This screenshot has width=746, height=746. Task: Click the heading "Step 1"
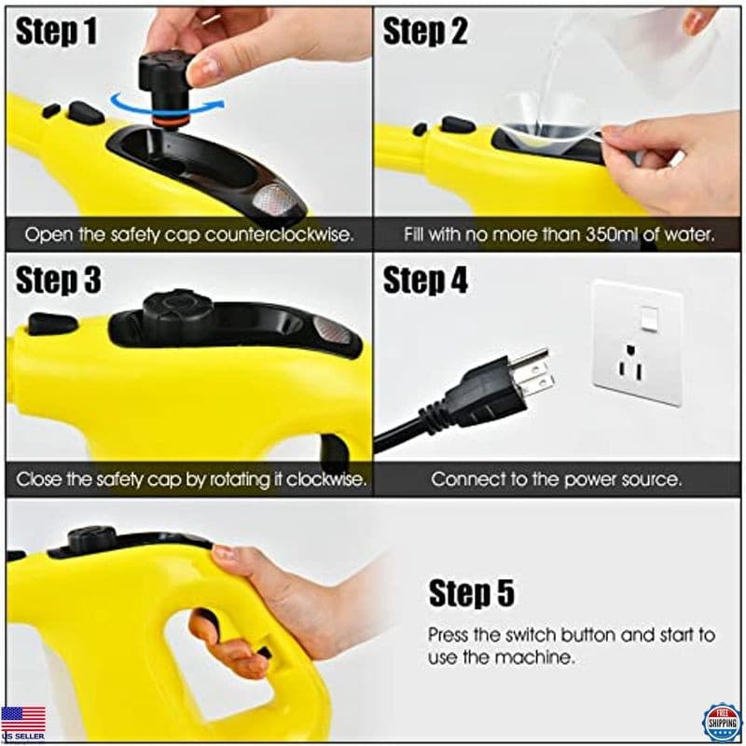pos(57,32)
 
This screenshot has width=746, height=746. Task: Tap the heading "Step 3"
pos(58,280)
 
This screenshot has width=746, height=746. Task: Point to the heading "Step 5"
pos(471,593)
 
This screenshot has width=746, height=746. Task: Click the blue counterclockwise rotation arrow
pos(168,104)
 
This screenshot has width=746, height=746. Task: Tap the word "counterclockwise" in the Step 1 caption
pos(275,234)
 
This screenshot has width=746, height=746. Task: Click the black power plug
pos(485,392)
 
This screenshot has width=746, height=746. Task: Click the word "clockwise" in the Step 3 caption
pos(322,481)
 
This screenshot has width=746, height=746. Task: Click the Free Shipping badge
pos(721,721)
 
